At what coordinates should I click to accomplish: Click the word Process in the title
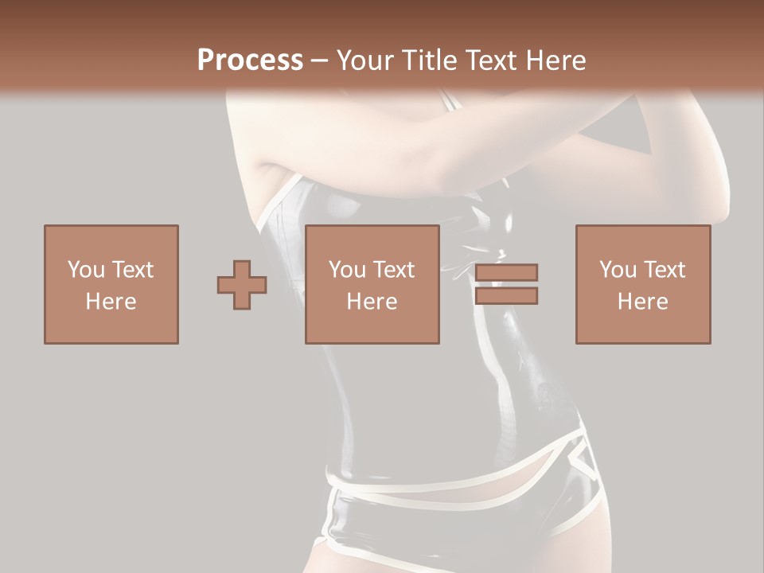pyautogui.click(x=250, y=60)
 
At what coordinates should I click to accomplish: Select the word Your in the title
pyautogui.click(x=365, y=60)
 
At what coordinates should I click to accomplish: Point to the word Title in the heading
pyautogui.click(x=430, y=60)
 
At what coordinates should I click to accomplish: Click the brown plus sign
pyautogui.click(x=242, y=285)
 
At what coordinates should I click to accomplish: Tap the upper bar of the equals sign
pyautogui.click(x=506, y=272)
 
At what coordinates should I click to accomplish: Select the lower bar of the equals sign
pyautogui.click(x=506, y=296)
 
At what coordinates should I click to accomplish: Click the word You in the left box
pyautogui.click(x=86, y=270)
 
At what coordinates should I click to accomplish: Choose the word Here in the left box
pyautogui.click(x=111, y=302)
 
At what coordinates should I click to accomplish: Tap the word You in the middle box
pyautogui.click(x=347, y=270)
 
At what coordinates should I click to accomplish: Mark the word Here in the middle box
pyautogui.click(x=372, y=302)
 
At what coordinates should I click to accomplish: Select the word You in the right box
pyautogui.click(x=618, y=270)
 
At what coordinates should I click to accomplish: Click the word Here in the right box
pyautogui.click(x=642, y=302)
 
